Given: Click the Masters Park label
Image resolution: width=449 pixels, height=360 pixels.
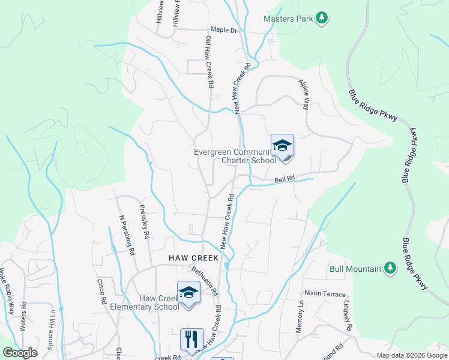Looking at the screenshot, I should click(x=289, y=19).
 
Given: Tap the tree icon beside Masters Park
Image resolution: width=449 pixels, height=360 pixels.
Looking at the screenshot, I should click(x=322, y=18).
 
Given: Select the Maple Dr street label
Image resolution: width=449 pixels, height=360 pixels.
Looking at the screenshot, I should click(x=224, y=29).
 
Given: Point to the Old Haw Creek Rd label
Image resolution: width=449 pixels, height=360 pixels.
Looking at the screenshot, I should click(x=209, y=62).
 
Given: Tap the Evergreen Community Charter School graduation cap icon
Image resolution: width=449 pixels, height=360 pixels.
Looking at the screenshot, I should click(x=282, y=146).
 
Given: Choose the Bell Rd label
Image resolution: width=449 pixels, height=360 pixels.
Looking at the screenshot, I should click(x=286, y=179).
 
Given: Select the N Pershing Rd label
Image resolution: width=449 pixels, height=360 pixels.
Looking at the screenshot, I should click(x=126, y=235).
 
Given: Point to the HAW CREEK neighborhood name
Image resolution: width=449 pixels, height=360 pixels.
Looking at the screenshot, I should click(x=192, y=257).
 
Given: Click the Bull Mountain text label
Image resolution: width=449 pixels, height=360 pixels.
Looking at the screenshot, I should click(x=355, y=269).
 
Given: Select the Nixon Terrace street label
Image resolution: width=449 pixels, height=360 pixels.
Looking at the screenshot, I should click(x=325, y=294).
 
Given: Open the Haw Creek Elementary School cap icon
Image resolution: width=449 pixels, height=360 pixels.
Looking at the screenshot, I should click(x=188, y=293).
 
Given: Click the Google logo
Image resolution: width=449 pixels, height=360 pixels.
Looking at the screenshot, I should click(x=20, y=352).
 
